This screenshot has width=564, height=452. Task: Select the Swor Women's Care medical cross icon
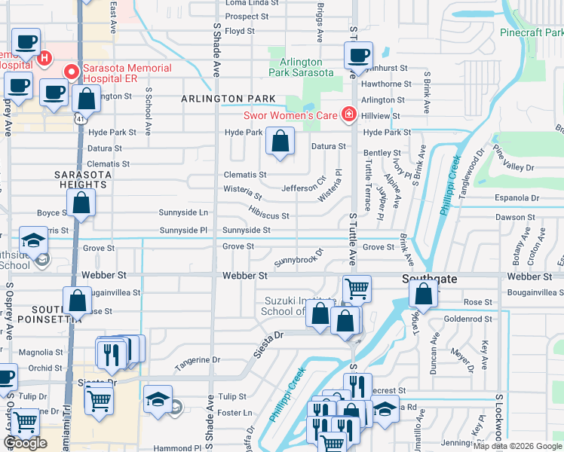coord(348,115)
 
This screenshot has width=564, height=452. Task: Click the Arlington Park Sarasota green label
coord(302,68)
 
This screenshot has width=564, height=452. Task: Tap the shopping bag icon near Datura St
coord(280,142)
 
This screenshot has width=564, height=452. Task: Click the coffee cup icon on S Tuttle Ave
coord(358,55)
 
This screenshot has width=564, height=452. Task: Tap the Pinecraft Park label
coord(532,32)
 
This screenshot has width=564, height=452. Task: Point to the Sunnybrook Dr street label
coord(299,257)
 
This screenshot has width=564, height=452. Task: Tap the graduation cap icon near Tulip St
coord(158,399)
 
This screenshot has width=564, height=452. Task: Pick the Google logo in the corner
coord(25,443)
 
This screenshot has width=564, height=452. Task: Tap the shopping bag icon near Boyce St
coord(81,203)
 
